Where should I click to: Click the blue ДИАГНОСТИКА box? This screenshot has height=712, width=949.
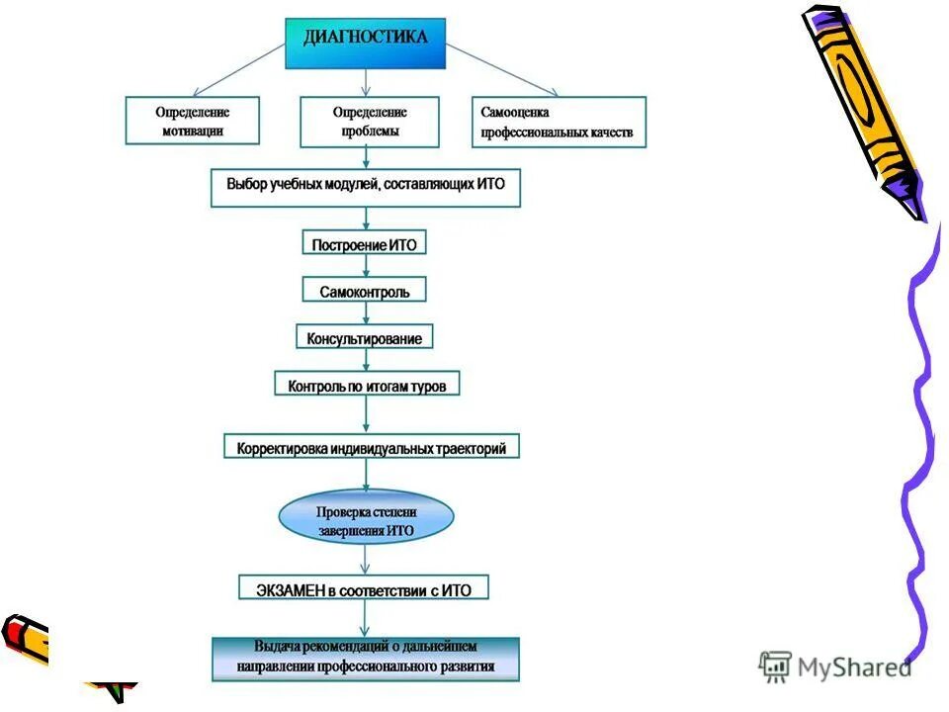click(366, 44)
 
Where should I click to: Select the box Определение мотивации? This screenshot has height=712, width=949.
click(192, 121)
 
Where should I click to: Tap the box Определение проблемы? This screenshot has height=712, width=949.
click(369, 121)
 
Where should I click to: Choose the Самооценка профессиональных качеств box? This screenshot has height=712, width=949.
click(559, 122)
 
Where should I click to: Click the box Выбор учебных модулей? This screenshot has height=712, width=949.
click(366, 186)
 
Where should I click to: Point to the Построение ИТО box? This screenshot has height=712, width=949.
click(364, 243)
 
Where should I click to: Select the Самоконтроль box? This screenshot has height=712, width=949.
click(364, 291)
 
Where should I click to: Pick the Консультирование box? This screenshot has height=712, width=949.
click(364, 338)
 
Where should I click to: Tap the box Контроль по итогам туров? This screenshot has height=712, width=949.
click(367, 386)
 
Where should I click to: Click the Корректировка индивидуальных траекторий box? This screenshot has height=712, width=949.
click(371, 448)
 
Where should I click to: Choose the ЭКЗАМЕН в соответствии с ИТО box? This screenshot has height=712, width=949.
click(364, 589)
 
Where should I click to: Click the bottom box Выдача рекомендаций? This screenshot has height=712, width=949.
click(366, 658)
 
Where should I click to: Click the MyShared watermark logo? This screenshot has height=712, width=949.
click(835, 667)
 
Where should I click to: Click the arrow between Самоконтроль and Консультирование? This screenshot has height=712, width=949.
click(366, 314)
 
